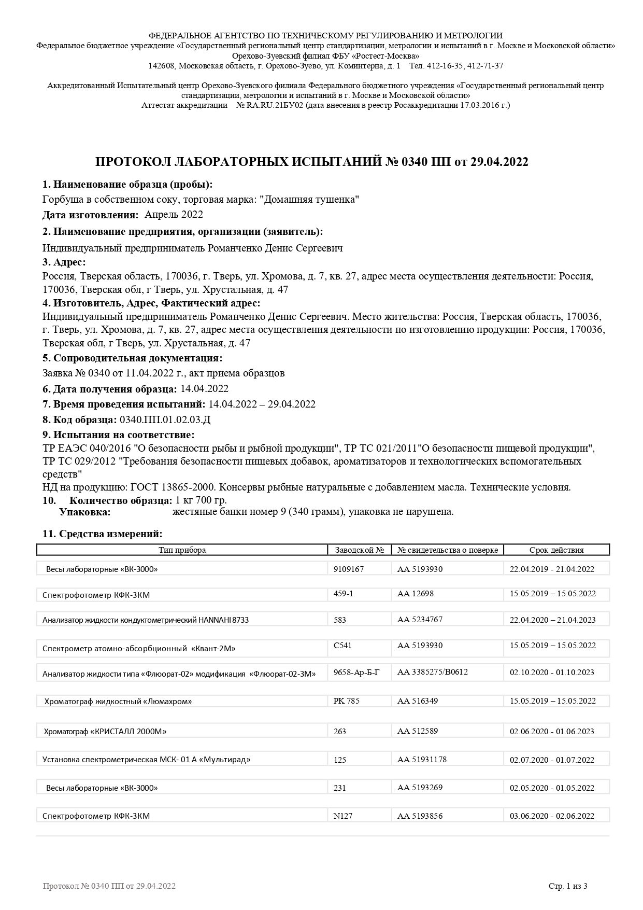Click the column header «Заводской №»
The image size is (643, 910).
(x=359, y=550)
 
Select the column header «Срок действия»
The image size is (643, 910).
(x=556, y=550)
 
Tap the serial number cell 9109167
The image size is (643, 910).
(x=349, y=569)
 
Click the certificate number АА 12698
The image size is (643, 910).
(x=416, y=593)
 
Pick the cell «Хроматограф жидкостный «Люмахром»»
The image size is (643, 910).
(x=118, y=701)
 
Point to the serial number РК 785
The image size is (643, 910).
(x=347, y=701)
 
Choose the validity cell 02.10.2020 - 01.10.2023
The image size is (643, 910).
(x=552, y=672)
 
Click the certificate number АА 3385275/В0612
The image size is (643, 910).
(x=433, y=672)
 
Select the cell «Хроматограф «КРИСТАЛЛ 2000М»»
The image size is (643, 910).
(x=105, y=732)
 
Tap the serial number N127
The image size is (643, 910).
(x=343, y=816)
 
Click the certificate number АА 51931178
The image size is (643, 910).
(x=422, y=760)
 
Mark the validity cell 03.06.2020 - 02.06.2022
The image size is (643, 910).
(x=552, y=816)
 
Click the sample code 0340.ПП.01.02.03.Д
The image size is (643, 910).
(x=165, y=419)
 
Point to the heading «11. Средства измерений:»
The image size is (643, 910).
(x=102, y=534)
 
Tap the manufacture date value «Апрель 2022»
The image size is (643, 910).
(x=174, y=215)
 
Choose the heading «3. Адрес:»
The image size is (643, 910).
(x=64, y=262)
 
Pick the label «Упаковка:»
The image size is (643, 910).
(x=85, y=512)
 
